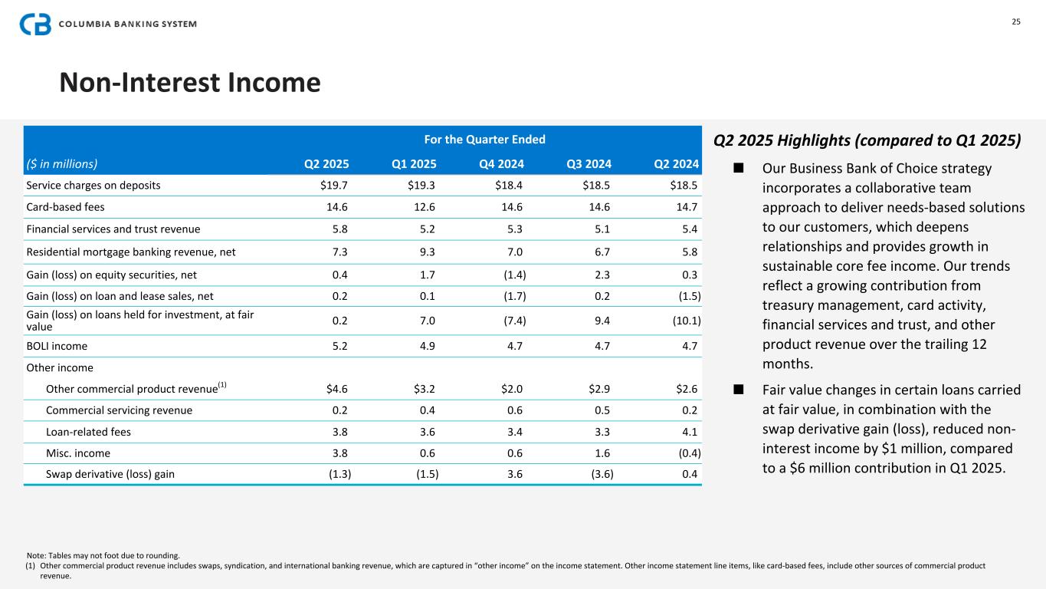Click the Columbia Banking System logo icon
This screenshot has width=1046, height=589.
pyautogui.click(x=35, y=24)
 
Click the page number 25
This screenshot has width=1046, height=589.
pyautogui.click(x=1016, y=21)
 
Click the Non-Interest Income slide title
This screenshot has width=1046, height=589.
pyautogui.click(x=190, y=82)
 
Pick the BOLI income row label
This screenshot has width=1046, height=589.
pyautogui.click(x=57, y=346)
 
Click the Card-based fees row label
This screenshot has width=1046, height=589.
pyautogui.click(x=65, y=207)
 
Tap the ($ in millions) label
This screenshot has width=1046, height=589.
pyautogui.click(x=62, y=163)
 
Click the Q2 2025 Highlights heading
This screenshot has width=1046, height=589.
pyautogui.click(x=867, y=140)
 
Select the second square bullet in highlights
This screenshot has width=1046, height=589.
pyautogui.click(x=739, y=390)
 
